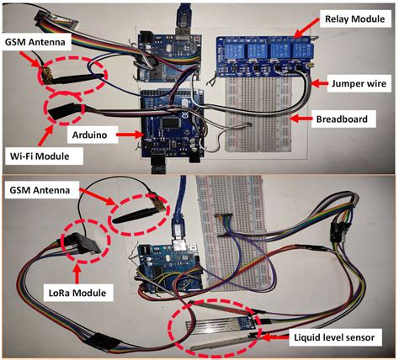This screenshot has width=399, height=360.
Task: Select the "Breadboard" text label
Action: (x=345, y=119)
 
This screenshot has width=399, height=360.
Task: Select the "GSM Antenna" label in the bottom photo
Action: (x=40, y=192)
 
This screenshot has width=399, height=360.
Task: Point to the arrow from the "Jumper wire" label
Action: (x=316, y=83)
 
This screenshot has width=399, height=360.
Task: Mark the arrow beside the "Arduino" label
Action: (x=129, y=133)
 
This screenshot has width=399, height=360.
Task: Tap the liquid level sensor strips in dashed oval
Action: (x=219, y=330)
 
